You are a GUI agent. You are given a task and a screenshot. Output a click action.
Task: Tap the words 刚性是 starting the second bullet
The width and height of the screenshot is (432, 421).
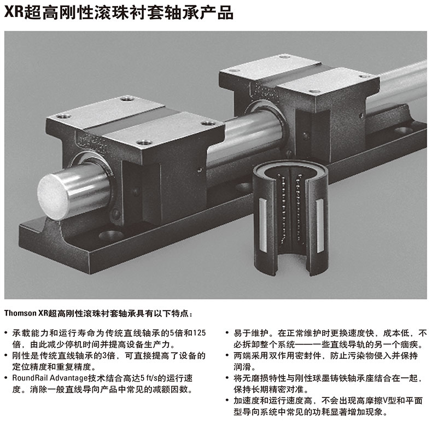pyautogui.click(x=25, y=355)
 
